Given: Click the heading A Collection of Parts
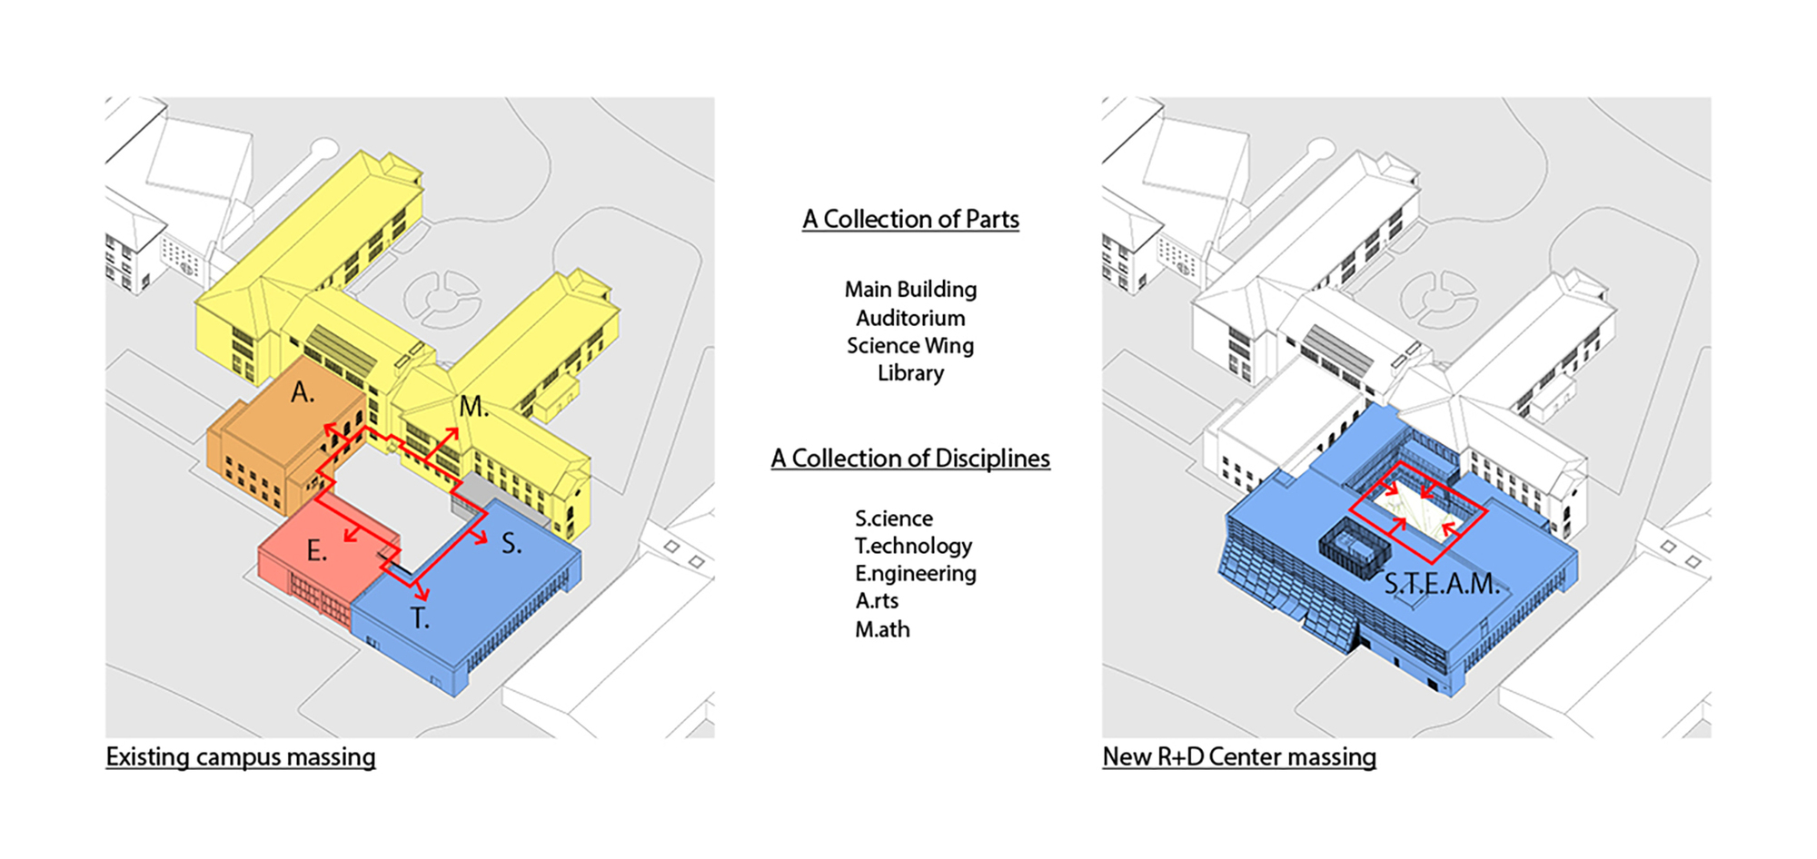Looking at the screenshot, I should (x=910, y=220).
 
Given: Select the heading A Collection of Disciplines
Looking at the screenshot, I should (x=910, y=459).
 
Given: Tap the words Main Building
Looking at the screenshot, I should (x=910, y=290).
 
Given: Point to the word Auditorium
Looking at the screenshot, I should (x=910, y=318).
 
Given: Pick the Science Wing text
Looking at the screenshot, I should (x=910, y=346).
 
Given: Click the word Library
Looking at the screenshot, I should (x=910, y=373).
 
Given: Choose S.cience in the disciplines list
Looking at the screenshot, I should (x=894, y=518).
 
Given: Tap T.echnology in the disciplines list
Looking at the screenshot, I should (x=913, y=547).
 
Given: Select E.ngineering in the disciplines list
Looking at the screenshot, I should (x=915, y=574).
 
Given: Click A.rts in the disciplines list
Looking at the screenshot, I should (x=877, y=601).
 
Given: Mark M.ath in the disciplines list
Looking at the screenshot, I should (x=882, y=629).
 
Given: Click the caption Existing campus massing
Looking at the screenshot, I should (x=241, y=757).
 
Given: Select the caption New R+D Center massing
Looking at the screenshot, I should (x=1239, y=757).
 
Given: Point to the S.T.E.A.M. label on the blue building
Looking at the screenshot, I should (x=1442, y=584).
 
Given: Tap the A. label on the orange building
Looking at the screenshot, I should (x=303, y=392).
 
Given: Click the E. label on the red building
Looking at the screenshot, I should (x=316, y=550).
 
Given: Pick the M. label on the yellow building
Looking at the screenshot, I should (x=473, y=407).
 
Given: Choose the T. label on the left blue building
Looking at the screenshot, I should (x=419, y=618).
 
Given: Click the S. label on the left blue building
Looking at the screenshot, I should (x=511, y=544).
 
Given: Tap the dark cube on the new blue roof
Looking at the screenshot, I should (x=1354, y=549).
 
